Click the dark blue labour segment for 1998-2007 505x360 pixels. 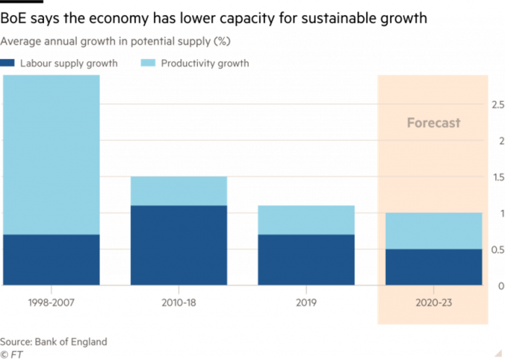[x=51, y=259]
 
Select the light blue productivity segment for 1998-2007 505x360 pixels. [x=51, y=154]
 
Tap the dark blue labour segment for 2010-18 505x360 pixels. [x=178, y=245]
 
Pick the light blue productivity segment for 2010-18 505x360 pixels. [x=178, y=191]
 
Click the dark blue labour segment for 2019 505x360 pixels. [x=306, y=259]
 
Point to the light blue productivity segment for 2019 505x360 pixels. [x=306, y=219]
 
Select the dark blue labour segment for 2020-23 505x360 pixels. [x=433, y=267]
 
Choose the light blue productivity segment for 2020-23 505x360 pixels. [x=433, y=231]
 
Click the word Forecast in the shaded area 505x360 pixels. [x=433, y=123]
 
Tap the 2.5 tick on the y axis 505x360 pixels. [x=497, y=104]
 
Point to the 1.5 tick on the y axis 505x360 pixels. [x=497, y=177]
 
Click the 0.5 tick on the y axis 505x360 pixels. [x=497, y=250]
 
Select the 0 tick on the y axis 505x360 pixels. [x=500, y=286]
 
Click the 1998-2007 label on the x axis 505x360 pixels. [x=51, y=303]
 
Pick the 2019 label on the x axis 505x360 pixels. [x=306, y=303]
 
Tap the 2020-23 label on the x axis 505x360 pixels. [x=433, y=303]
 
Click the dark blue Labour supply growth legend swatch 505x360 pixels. [x=7, y=64]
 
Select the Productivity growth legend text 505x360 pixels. [x=204, y=64]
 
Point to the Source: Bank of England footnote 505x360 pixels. [x=53, y=342]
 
